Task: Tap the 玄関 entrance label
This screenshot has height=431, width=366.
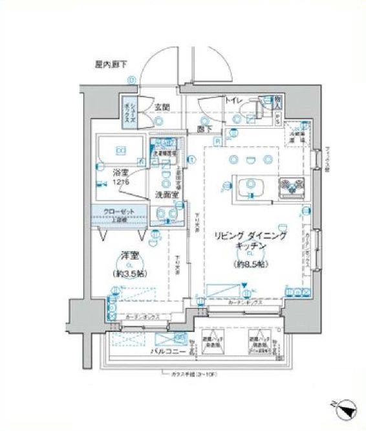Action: point(162,107)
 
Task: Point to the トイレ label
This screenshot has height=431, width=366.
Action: point(233,100)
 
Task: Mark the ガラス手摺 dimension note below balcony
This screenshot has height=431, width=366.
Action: point(190,374)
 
